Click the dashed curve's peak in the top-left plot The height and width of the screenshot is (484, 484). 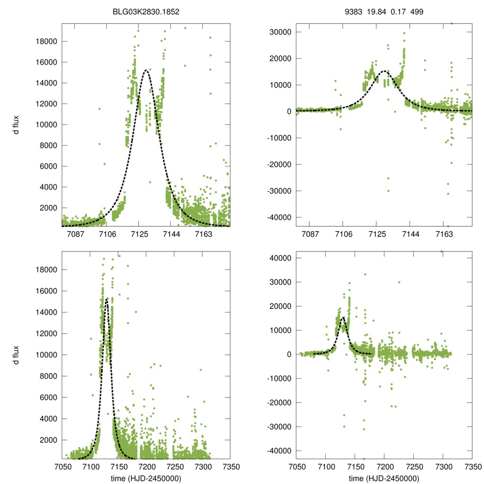click(146, 70)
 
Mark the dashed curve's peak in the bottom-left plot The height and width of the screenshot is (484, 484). click(107, 299)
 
